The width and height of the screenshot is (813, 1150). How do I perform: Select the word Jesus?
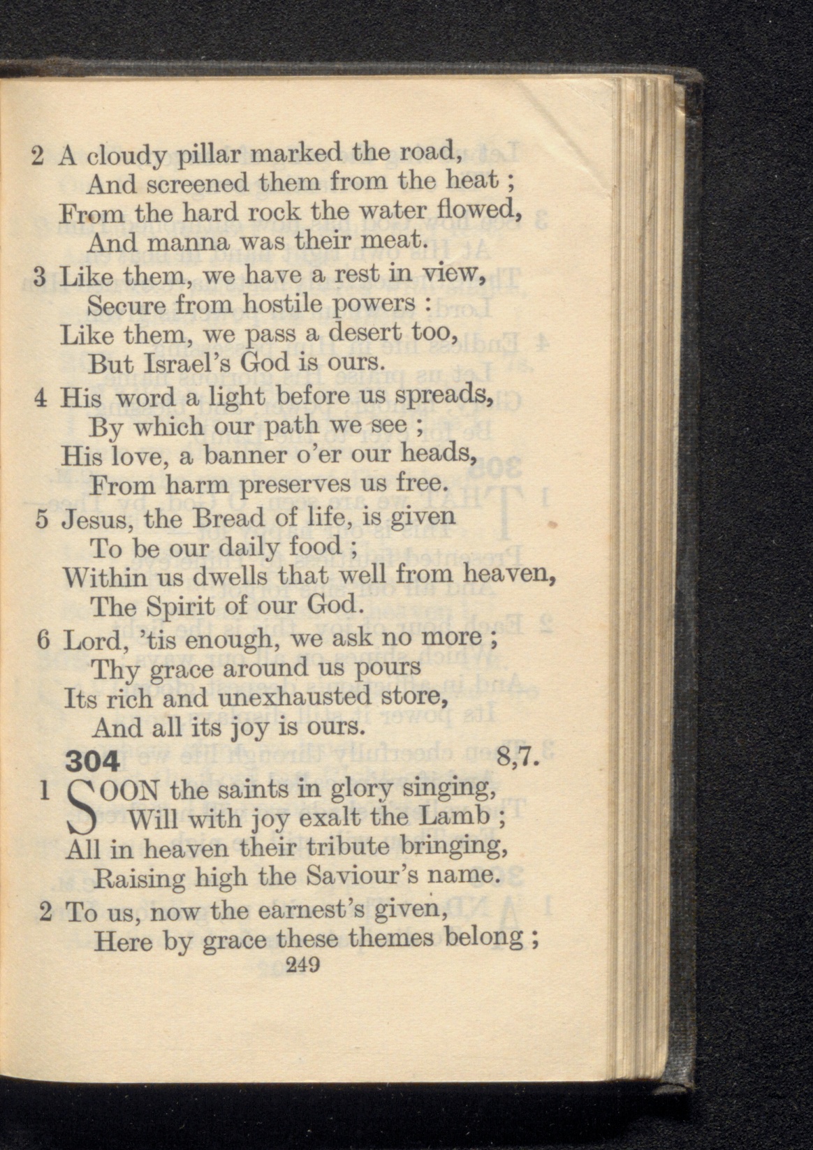tap(94, 519)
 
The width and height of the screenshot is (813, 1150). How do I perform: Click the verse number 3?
tap(39, 277)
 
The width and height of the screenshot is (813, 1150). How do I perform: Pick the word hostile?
tap(284, 304)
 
